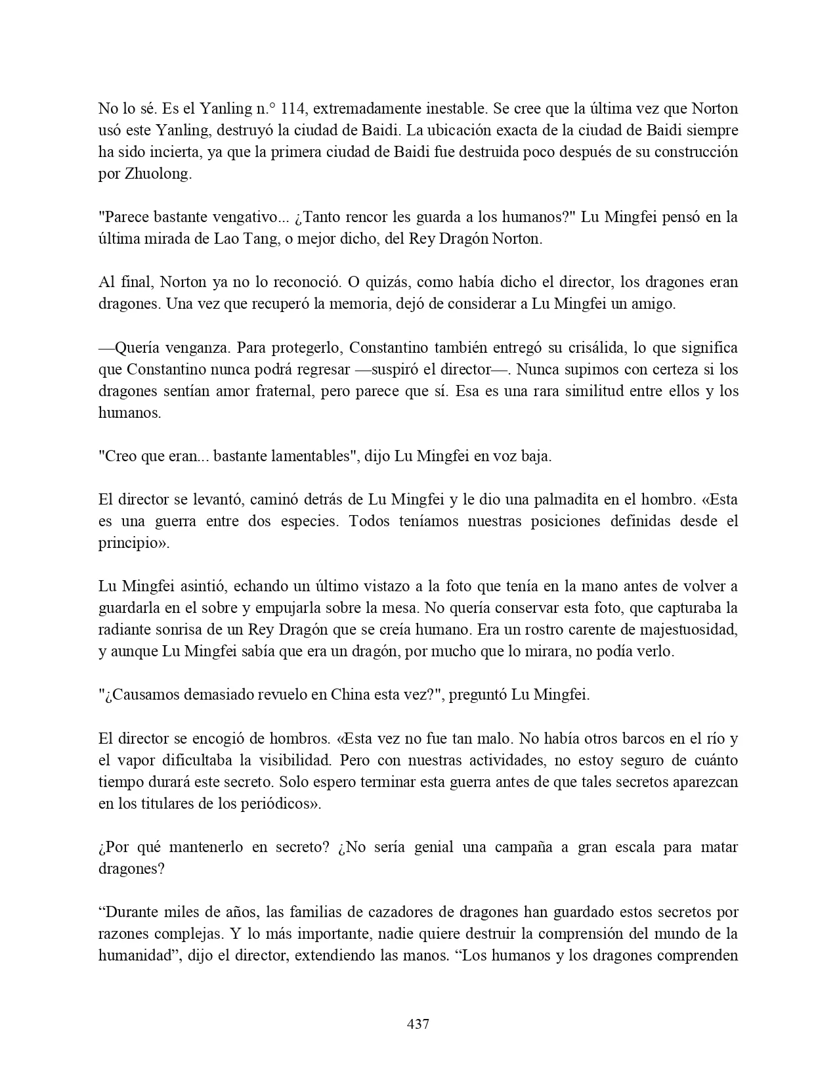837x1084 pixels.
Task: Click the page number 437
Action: (418, 1024)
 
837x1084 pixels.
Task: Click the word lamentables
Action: (307, 457)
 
